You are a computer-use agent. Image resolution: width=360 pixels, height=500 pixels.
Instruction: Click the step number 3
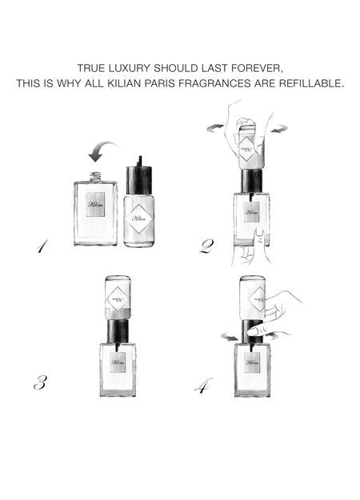click(x=39, y=382)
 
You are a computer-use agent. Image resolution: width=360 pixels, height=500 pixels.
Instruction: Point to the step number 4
click(x=204, y=386)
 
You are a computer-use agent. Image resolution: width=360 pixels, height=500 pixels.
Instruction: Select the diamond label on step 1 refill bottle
click(x=139, y=218)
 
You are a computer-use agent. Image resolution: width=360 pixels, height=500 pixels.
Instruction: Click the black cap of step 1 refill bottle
click(x=139, y=178)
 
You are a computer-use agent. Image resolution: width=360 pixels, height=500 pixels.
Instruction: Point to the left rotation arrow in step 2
click(x=213, y=127)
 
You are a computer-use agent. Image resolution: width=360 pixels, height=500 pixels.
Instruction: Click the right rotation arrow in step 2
click(x=278, y=127)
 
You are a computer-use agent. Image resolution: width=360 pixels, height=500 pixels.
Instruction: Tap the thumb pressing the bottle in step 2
click(x=258, y=236)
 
